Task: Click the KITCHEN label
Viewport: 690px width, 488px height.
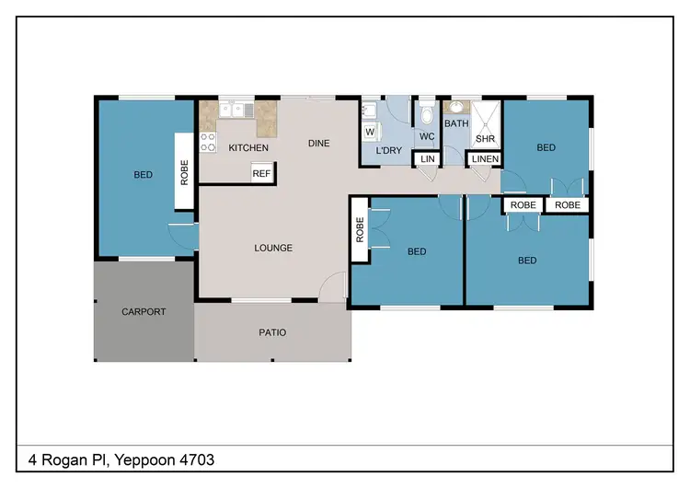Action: tap(248, 147)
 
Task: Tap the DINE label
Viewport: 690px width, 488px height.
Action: tap(318, 143)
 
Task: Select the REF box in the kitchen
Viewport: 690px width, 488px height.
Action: tap(261, 173)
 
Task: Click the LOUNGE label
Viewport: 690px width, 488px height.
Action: tap(273, 248)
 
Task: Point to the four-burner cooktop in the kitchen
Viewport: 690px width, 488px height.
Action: tap(208, 143)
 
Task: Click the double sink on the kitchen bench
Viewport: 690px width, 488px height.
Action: tap(237, 110)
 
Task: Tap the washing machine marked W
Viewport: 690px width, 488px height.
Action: tap(369, 132)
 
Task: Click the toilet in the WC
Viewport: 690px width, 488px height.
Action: tap(426, 115)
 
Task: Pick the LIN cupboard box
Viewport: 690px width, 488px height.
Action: tap(427, 159)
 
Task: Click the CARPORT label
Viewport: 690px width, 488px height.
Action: tap(144, 311)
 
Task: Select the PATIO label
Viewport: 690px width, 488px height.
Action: tap(272, 332)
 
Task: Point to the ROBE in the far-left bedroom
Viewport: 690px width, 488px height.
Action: tap(184, 171)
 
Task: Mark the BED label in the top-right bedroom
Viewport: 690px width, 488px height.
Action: tap(546, 147)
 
